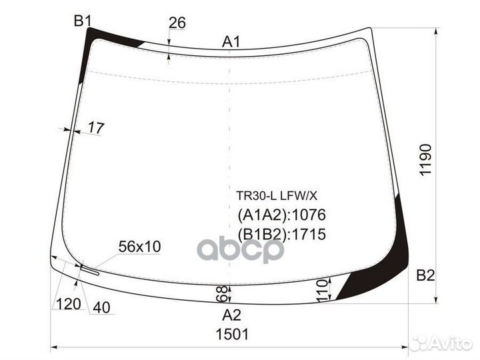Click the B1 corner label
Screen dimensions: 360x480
82,21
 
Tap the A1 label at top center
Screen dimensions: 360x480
231,42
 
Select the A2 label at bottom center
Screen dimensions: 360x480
231,315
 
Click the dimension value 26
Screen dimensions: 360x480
177,23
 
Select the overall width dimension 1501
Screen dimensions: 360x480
231,335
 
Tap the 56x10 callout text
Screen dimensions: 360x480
139,247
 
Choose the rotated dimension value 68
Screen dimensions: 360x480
222,293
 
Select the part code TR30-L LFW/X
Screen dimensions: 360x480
277,196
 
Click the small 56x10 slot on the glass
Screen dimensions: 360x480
89,270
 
